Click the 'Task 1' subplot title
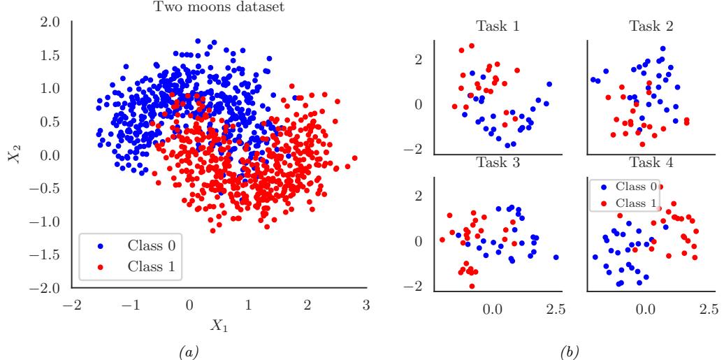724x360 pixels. click(497, 28)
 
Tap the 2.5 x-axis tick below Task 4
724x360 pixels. click(707, 308)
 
